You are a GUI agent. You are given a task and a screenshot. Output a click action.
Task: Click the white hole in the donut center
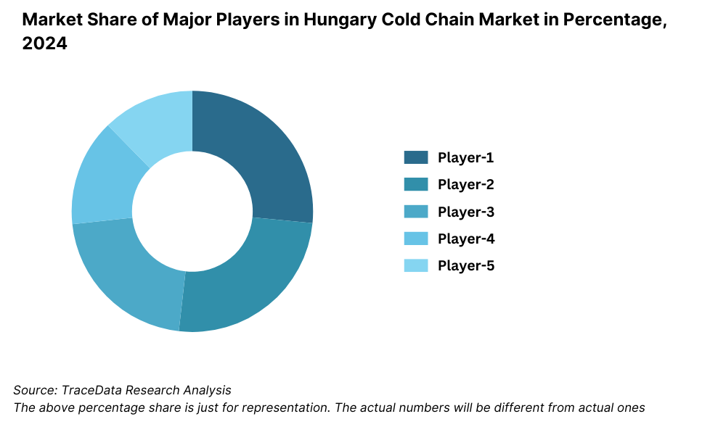pos(192,211)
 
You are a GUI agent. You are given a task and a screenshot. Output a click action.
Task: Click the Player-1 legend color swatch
pos(416,157)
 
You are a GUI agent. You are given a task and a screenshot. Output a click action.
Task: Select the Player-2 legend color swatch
pos(416,184)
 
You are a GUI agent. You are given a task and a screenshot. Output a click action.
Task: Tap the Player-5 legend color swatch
pos(416,265)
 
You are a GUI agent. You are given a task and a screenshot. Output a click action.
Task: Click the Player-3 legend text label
pos(465,212)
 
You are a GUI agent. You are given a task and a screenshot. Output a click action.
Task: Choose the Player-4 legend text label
pos(465,239)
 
